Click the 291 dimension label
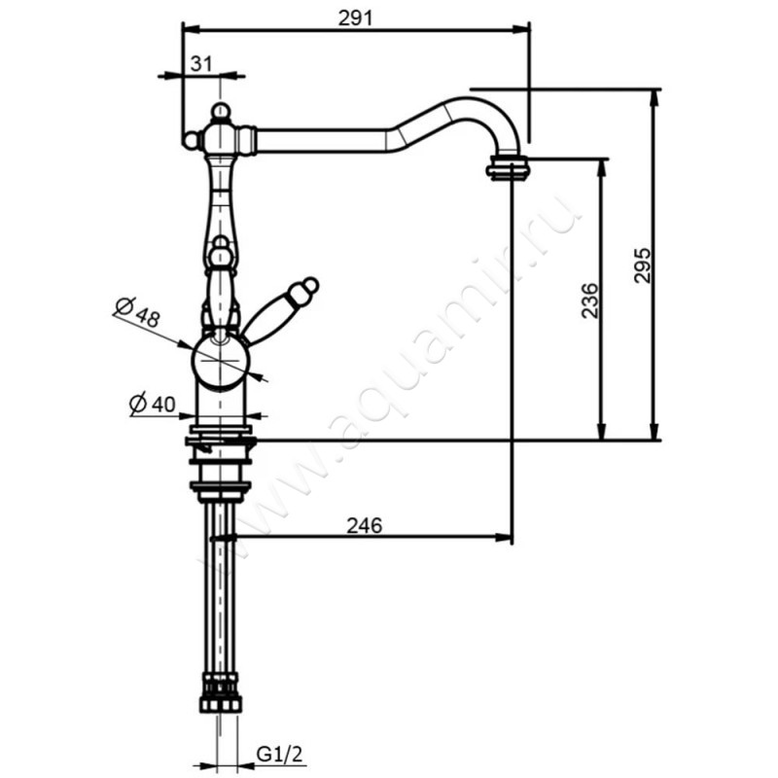click(x=355, y=18)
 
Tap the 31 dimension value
click(x=201, y=64)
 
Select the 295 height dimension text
click(x=642, y=265)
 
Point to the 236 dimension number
click(x=589, y=301)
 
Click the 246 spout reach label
click(x=365, y=525)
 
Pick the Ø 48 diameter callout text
click(x=137, y=311)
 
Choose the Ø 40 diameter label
click(x=153, y=404)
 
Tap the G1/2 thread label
click(x=279, y=756)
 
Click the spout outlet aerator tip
click(x=508, y=167)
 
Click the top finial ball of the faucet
click(x=221, y=112)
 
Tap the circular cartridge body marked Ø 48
click(x=221, y=362)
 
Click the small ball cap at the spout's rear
click(x=190, y=141)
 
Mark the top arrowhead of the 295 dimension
click(x=654, y=98)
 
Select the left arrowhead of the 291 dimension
click(x=192, y=30)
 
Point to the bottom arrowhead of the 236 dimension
click(x=601, y=432)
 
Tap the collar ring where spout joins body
click(x=247, y=140)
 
